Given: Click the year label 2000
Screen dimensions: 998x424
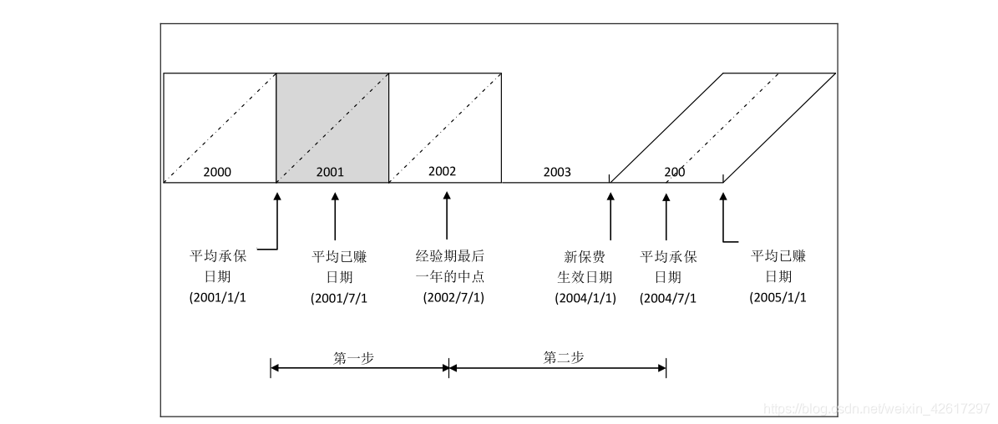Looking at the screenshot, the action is (217, 173).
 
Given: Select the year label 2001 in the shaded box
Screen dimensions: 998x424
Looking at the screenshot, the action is (330, 173).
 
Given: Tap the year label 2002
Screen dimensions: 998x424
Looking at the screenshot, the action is (442, 171).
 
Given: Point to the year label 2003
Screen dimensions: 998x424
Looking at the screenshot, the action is (557, 172).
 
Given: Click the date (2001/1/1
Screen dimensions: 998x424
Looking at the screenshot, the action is (218, 297).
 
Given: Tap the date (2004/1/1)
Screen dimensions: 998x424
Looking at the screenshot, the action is (585, 298).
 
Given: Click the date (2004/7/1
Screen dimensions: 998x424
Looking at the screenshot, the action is (668, 298).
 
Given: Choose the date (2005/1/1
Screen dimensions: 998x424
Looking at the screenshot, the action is (778, 297).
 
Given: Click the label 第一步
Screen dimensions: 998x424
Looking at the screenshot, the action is (353, 357).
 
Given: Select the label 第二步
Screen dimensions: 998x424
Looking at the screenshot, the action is (564, 357).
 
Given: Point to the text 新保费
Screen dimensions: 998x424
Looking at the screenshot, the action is (585, 256).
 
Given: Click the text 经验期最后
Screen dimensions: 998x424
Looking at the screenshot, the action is (451, 255).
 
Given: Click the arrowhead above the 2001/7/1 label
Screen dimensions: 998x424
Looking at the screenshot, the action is (335, 198).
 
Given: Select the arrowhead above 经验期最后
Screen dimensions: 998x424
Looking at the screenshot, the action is (447, 198).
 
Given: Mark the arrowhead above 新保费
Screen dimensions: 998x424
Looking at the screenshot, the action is (610, 198).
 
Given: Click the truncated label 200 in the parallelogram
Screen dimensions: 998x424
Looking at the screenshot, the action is (675, 172).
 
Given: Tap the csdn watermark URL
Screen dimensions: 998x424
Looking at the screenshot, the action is (877, 408).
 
